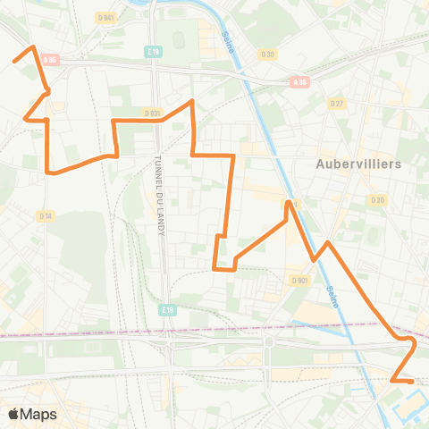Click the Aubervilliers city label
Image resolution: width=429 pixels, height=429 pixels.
[358, 164]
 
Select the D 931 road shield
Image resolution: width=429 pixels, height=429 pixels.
[152, 113]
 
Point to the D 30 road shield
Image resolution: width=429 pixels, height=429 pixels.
[267, 55]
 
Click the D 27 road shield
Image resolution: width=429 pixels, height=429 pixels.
[337, 104]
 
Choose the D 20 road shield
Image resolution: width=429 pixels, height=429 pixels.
[378, 199]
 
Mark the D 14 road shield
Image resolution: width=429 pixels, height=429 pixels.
[46, 215]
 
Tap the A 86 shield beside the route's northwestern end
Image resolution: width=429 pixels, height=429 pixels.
[50, 60]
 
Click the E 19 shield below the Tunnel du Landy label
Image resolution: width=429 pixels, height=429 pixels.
[166, 309]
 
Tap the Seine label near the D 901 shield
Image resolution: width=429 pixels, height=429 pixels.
[332, 296]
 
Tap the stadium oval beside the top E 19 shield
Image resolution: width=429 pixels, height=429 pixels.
[178, 39]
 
